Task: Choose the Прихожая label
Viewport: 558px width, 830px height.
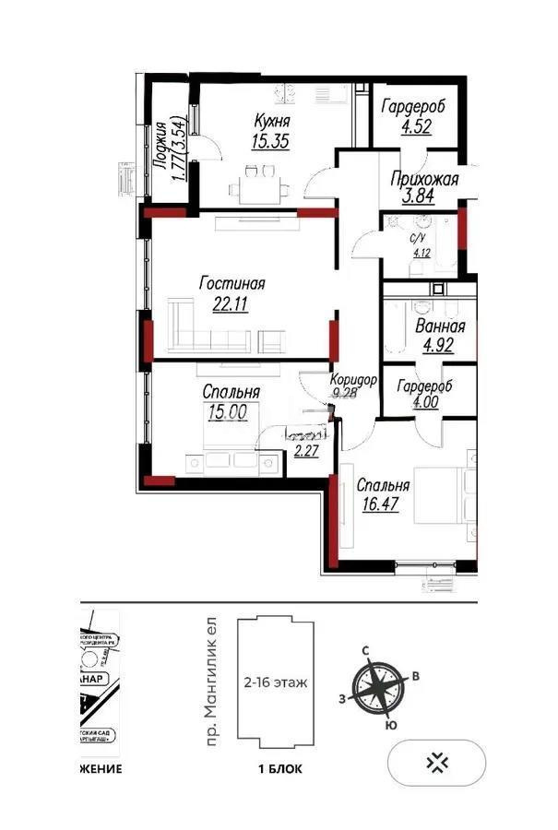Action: point(424,180)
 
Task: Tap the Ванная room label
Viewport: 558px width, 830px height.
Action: point(440,326)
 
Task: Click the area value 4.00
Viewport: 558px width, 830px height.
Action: point(426,403)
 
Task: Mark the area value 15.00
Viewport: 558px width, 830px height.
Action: point(227,413)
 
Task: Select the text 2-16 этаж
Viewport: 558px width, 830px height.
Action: point(276,683)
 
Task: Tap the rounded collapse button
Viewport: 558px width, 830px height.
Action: point(437,762)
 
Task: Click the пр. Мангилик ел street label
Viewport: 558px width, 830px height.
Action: point(212,682)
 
